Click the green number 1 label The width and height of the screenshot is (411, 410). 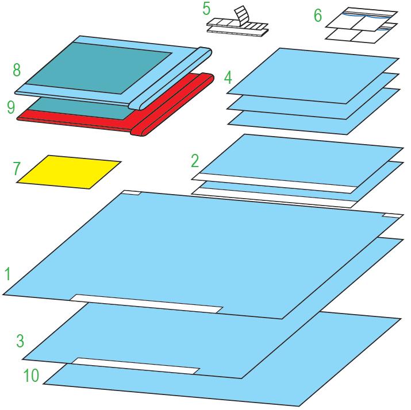click(8, 274)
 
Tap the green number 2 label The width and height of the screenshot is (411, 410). click(195, 161)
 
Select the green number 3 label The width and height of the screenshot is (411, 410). click(20, 341)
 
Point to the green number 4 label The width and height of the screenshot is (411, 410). click(228, 78)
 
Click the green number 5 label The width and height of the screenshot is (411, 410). click(206, 9)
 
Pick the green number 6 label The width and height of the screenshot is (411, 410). click(318, 16)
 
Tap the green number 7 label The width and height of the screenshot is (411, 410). click(16, 168)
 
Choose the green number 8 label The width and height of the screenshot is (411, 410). click(17, 70)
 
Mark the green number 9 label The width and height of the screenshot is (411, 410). click(11, 107)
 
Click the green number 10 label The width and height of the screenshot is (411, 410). click(31, 375)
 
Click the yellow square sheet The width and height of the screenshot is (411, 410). click(68, 172)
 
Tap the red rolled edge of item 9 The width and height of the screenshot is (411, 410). click(173, 105)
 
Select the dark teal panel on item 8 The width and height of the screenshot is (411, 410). click(99, 68)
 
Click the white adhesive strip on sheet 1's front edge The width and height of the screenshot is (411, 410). click(147, 304)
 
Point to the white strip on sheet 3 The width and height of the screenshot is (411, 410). click(136, 366)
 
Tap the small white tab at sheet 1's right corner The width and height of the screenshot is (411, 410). click(393, 215)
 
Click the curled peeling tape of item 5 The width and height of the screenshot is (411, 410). click(241, 17)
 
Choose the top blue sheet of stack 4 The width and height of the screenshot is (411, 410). click(313, 76)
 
